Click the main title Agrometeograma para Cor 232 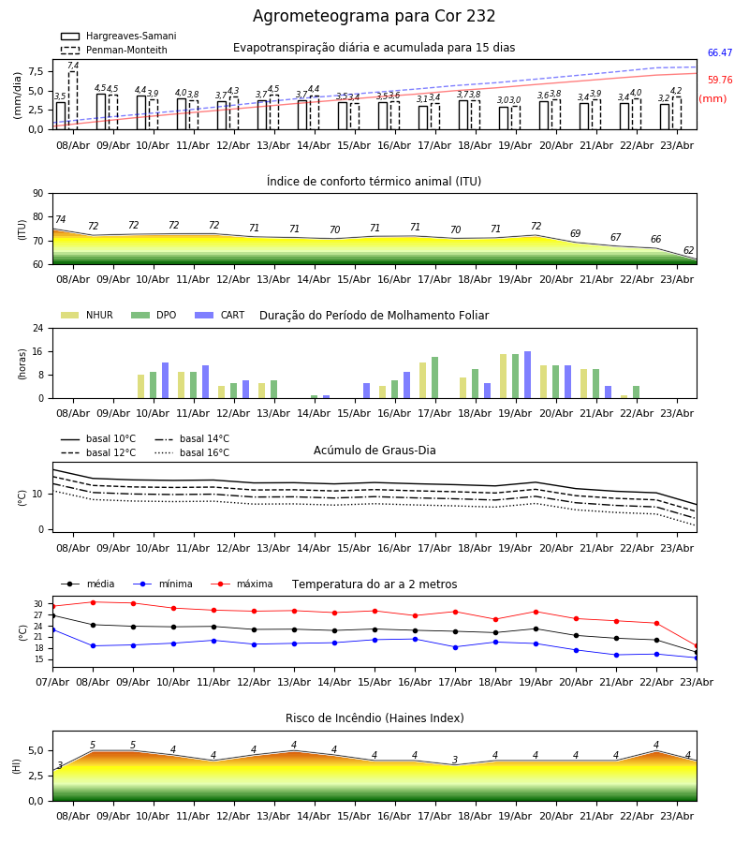click(374, 16)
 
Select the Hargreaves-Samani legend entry click(118, 36)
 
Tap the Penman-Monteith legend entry click(114, 50)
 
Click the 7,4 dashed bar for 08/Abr click(73, 100)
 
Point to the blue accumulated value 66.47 click(720, 52)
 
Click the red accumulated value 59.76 click(720, 81)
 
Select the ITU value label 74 click(60, 219)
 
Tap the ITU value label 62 click(688, 250)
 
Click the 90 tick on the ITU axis click(38, 194)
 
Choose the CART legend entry click(220, 315)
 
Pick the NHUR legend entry click(87, 315)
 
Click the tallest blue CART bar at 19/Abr click(528, 375)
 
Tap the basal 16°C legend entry click(192, 452)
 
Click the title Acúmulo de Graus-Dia click(374, 450)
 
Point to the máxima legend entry click(242, 584)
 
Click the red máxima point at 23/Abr click(697, 646)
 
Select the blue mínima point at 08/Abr click(93, 645)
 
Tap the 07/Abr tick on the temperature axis click(52, 682)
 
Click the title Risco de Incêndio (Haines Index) click(374, 718)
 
